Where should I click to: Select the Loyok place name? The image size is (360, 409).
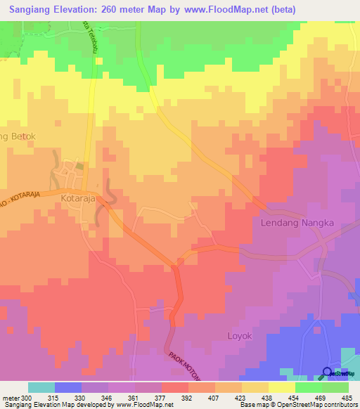[239, 336]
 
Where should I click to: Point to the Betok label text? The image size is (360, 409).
[19, 136]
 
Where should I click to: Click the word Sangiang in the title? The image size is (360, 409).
[35, 9]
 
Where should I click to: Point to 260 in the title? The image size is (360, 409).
[111, 9]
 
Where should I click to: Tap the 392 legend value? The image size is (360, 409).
[187, 397]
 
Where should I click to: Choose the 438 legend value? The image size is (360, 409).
[267, 397]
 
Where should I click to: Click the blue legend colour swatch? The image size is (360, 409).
[68, 387]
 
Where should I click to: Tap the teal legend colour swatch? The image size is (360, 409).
[41, 387]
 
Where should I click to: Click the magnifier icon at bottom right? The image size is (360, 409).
[328, 372]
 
